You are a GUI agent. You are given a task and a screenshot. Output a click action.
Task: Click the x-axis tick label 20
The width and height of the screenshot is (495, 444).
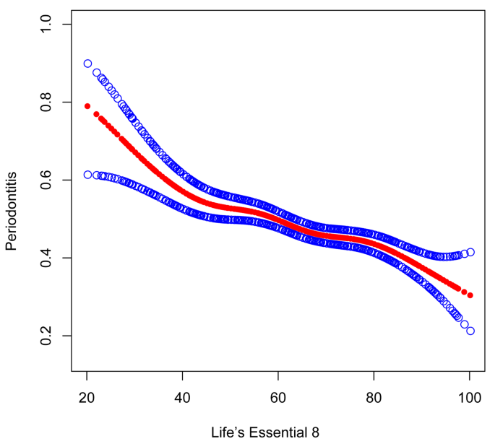click(x=87, y=397)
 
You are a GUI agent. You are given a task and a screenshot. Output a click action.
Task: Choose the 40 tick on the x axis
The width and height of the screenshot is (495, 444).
click(x=182, y=397)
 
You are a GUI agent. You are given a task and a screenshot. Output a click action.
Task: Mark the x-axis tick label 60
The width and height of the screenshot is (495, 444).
click(x=278, y=397)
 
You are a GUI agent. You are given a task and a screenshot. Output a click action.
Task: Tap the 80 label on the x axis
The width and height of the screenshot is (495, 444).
click(x=374, y=397)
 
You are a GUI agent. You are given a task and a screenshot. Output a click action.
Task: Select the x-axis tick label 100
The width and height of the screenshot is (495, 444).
click(x=469, y=397)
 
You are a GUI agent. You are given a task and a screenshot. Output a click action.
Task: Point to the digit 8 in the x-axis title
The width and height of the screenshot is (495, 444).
click(x=314, y=432)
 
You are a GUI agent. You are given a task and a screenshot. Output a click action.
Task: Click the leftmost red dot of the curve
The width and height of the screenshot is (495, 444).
click(x=87, y=106)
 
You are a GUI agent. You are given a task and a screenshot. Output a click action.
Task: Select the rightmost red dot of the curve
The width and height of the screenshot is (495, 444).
click(x=470, y=295)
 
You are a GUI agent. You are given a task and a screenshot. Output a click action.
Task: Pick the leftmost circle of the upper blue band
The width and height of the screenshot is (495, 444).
click(x=87, y=64)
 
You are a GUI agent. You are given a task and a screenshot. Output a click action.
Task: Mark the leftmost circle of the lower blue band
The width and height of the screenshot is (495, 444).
click(x=87, y=175)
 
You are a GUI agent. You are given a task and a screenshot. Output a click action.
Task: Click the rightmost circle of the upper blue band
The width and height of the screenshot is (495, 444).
click(x=470, y=252)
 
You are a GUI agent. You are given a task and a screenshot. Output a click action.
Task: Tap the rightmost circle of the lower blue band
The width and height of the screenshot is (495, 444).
click(x=470, y=331)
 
